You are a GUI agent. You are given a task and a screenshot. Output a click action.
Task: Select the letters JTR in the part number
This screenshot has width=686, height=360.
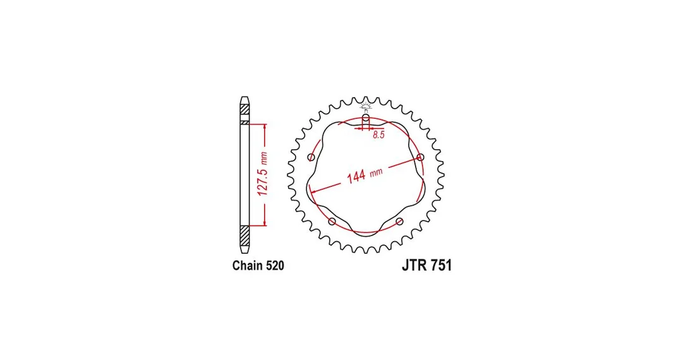(414, 265)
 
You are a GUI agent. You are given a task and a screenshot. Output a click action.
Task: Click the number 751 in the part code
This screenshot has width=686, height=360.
(440, 265)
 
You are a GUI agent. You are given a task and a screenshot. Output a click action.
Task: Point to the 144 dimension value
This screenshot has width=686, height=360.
(356, 177)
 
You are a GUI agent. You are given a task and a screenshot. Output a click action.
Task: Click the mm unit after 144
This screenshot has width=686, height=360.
(376, 172)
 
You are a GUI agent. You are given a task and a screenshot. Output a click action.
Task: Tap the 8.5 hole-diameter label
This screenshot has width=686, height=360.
(379, 135)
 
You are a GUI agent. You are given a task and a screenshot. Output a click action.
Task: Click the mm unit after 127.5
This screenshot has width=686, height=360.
(263, 156)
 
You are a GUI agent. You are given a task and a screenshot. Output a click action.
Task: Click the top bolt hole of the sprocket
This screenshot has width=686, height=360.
(366, 118)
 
